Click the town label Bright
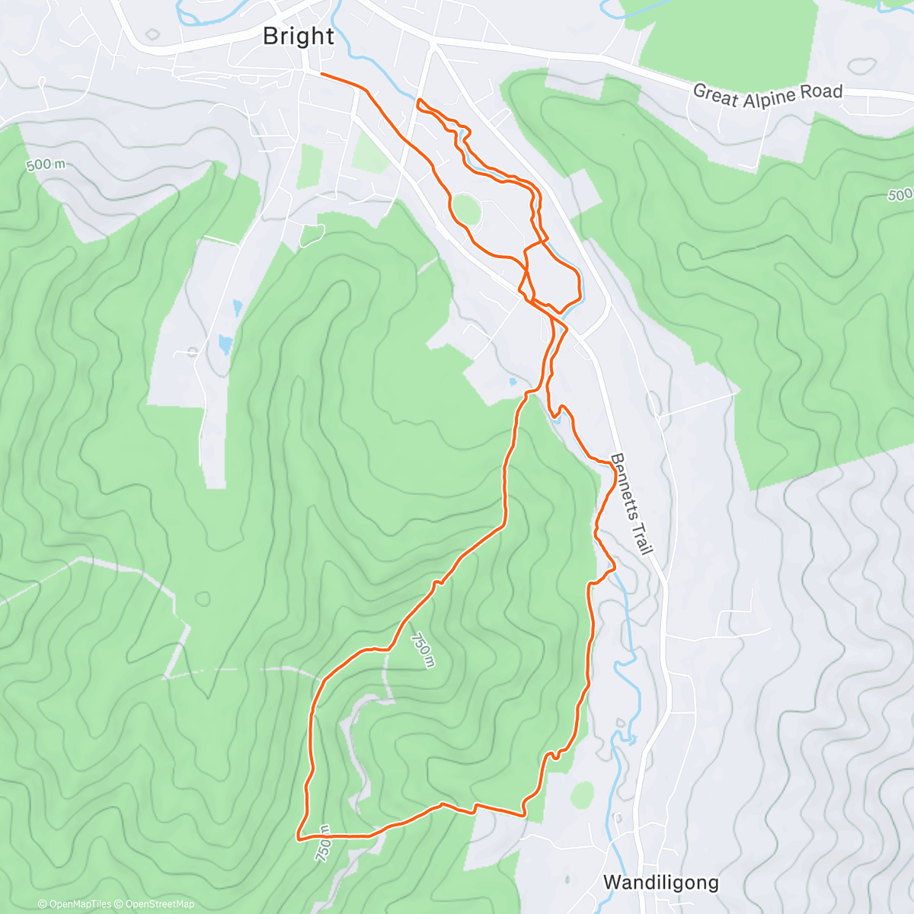coord(298,36)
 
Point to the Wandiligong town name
coord(660,882)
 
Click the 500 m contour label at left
coord(45,164)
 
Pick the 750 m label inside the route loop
coord(421,650)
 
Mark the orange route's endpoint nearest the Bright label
coord(322,74)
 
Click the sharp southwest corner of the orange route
coord(298,838)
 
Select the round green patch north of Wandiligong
coord(582,795)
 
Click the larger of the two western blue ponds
coord(225,345)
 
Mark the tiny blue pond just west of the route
coord(513,382)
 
